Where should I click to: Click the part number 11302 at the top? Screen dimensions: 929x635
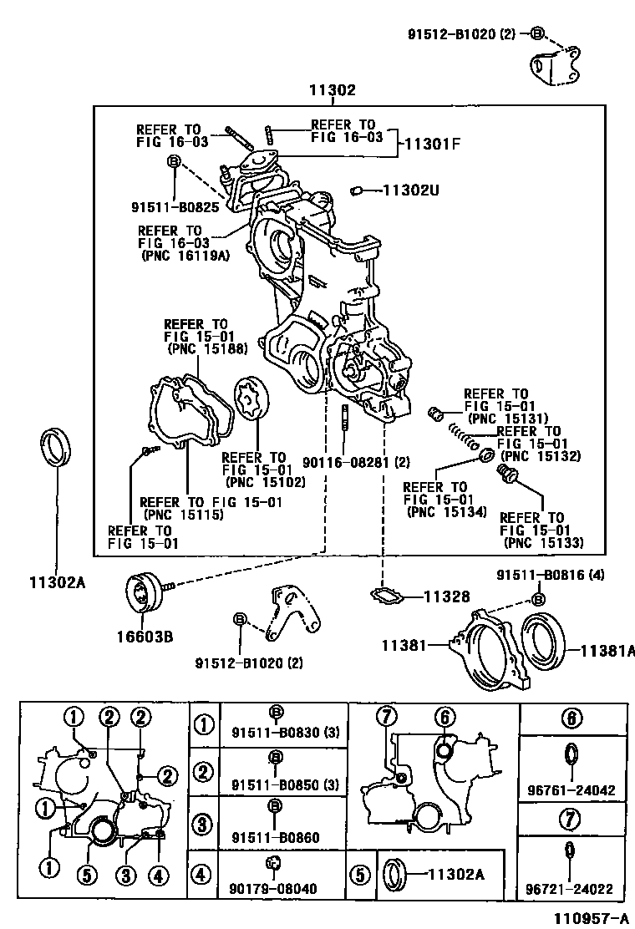point(332,91)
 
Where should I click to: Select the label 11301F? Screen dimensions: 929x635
point(432,143)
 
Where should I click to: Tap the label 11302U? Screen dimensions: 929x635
point(411,190)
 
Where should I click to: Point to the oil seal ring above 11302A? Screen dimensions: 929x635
point(57,446)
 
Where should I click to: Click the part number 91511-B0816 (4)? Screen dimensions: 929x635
point(550,575)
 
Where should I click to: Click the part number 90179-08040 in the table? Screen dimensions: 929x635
point(273,888)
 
